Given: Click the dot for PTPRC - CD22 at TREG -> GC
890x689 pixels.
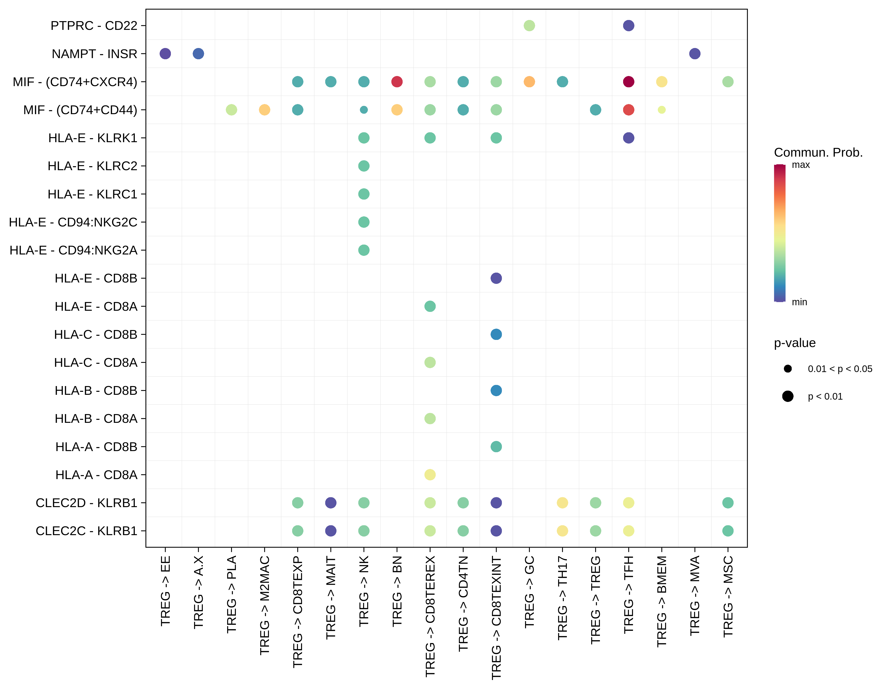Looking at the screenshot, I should pyautogui.click(x=529, y=26).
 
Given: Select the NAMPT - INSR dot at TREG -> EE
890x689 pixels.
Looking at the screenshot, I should pyautogui.click(x=165, y=54).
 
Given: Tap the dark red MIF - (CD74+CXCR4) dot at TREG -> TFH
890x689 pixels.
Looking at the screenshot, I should pyautogui.click(x=628, y=82).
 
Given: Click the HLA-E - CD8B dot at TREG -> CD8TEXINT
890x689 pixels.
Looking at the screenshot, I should pyautogui.click(x=496, y=278).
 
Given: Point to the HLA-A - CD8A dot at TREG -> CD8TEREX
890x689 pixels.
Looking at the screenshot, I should pyautogui.click(x=430, y=475).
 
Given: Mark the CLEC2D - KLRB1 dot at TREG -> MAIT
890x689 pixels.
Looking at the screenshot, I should pyautogui.click(x=331, y=503).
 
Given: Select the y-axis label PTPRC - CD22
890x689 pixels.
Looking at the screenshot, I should pyautogui.click(x=94, y=26).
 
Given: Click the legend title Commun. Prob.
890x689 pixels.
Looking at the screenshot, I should pyautogui.click(x=818, y=152).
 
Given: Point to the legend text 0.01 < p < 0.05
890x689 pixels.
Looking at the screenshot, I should pyautogui.click(x=840, y=369).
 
